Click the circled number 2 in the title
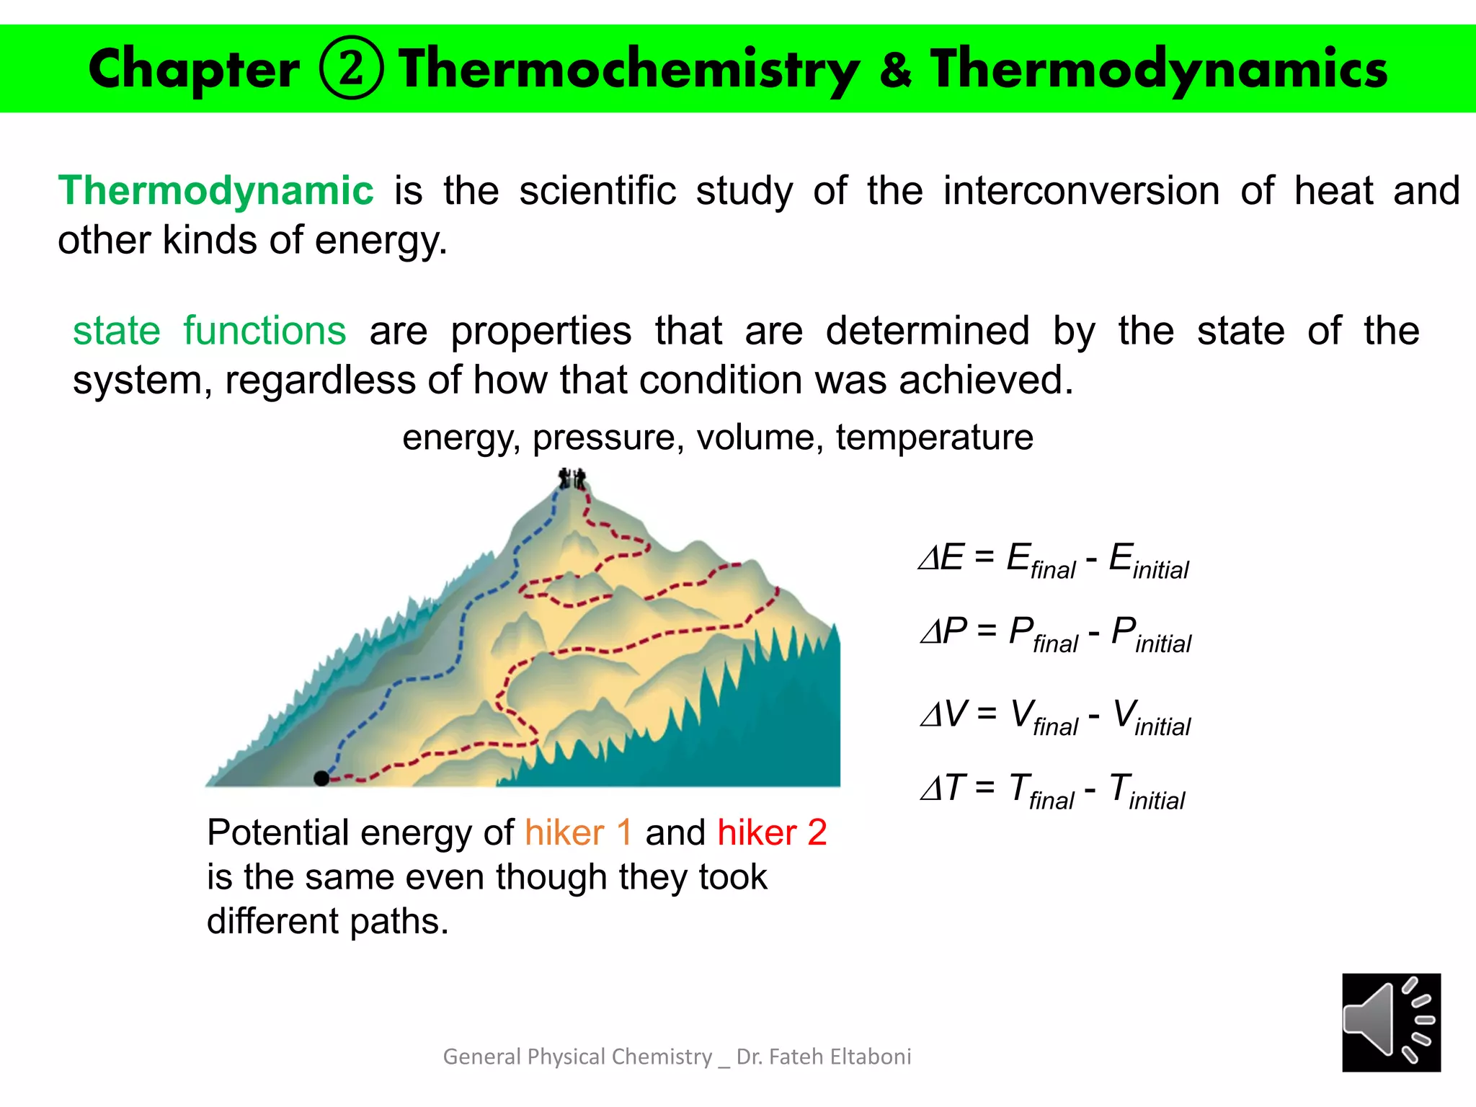352,68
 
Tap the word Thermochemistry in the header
628,70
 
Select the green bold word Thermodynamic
215,191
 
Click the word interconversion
1081,191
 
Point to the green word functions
264,331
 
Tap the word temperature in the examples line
934,437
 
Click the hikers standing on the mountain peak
573,479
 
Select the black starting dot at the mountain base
321,778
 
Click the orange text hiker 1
579,832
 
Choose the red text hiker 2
772,832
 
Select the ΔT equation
1053,790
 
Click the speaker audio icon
1391,1023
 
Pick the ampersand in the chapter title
895,70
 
